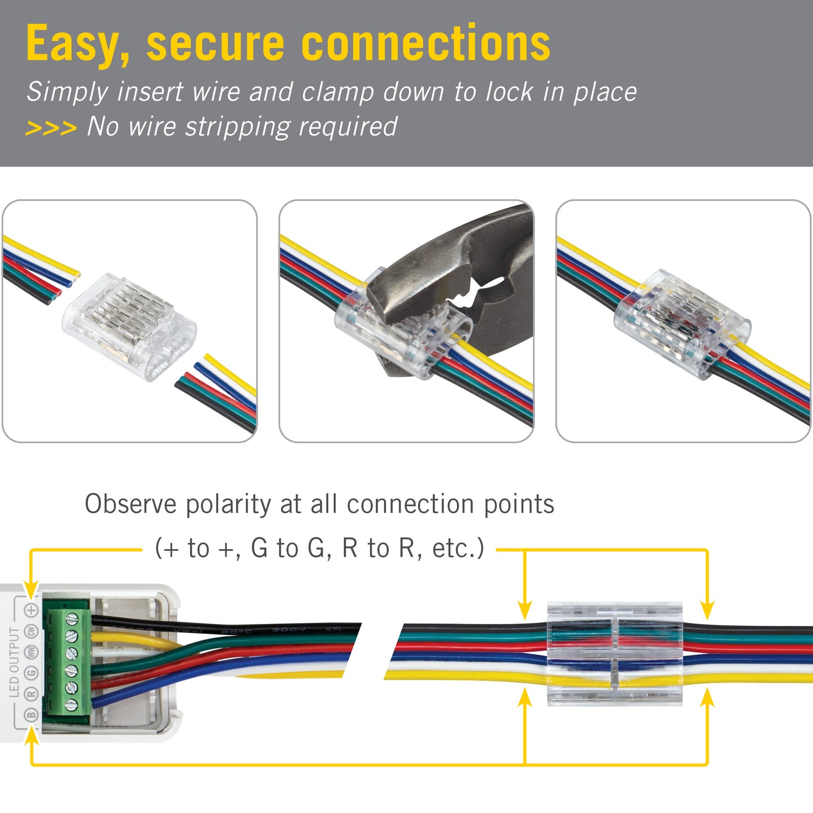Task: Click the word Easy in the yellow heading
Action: [x=78, y=44]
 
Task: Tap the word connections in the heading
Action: [x=426, y=44]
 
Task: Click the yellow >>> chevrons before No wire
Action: [x=51, y=128]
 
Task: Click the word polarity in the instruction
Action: [x=228, y=504]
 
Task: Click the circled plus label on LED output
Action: [x=32, y=610]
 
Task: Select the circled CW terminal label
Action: [x=32, y=631]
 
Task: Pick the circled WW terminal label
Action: [x=32, y=652]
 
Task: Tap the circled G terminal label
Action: [x=32, y=672]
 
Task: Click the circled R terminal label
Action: [x=32, y=693]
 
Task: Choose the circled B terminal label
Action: [x=32, y=715]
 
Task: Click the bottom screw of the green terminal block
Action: [x=71, y=704]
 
